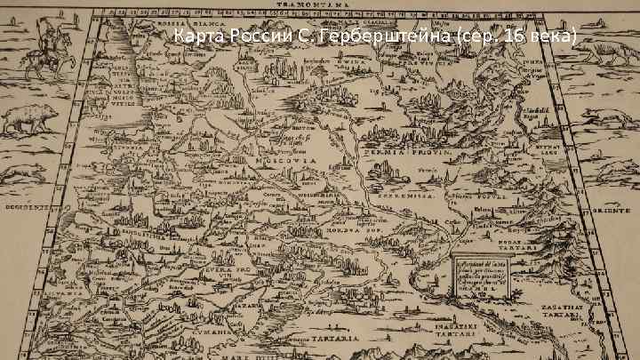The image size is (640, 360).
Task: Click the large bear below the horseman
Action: coord(30,117)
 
